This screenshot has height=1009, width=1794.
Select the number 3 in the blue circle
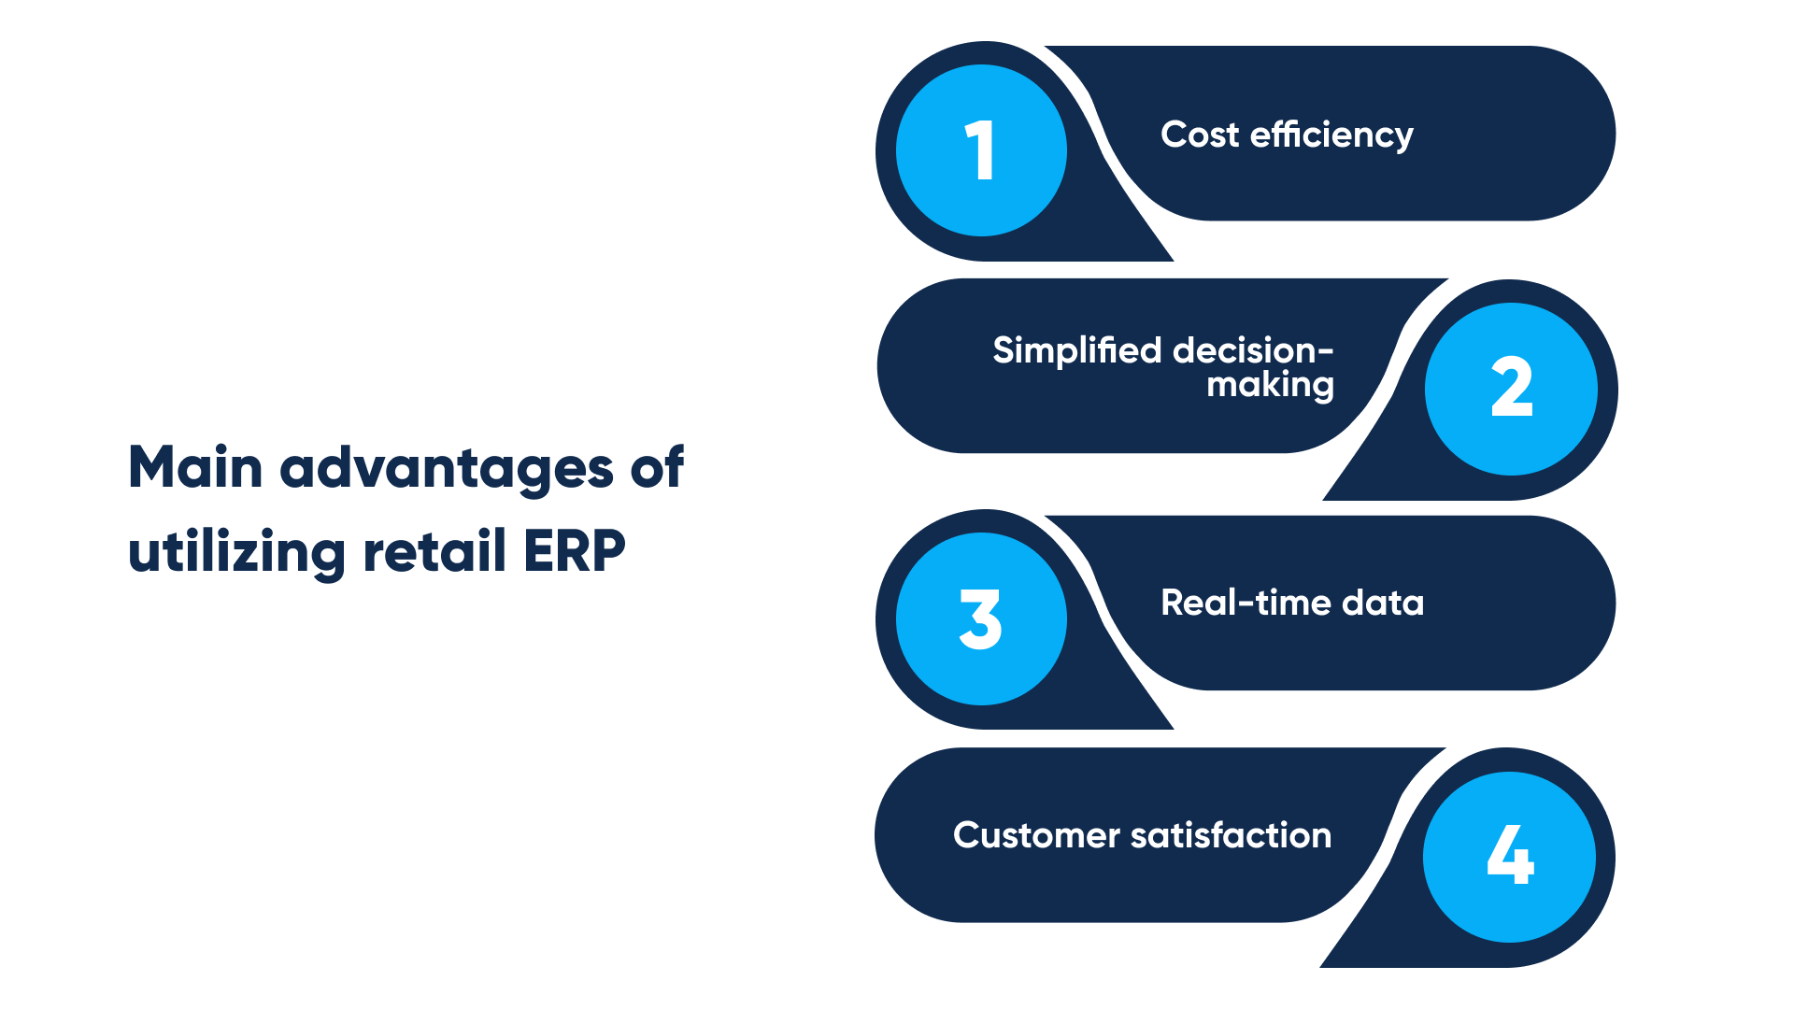pos(980,618)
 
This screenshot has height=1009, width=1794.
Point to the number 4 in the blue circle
pos(1510,854)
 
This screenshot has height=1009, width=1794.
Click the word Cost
pos(1199,135)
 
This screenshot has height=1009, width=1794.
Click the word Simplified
pos(1076,351)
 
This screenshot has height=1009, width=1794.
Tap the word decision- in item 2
pos(1253,351)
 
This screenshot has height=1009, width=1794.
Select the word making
pos(1270,385)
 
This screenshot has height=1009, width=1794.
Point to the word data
pos(1383,604)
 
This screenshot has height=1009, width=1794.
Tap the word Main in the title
pos(195,467)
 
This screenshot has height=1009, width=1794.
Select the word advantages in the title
pos(447,469)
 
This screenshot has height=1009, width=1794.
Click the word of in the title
pos(657,467)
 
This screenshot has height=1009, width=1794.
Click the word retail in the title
pos(434,550)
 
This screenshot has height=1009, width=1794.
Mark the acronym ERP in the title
pos(574,551)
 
